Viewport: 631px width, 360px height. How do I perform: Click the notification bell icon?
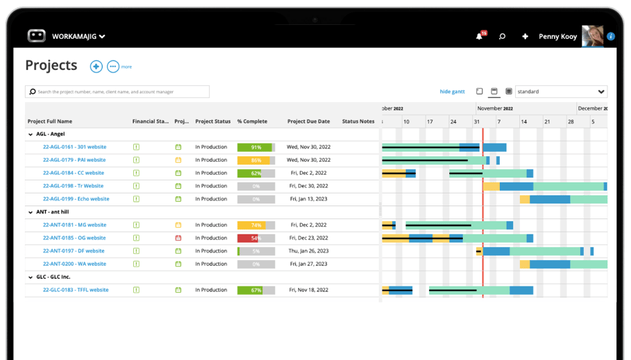point(479,36)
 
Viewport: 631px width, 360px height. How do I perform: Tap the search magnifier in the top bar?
point(502,36)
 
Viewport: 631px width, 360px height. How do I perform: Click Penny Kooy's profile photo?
point(592,36)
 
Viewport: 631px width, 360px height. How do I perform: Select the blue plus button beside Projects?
point(96,67)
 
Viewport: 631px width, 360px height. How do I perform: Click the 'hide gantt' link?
point(452,92)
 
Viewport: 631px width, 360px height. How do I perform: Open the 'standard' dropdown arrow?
point(601,92)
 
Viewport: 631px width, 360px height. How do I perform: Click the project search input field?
point(118,92)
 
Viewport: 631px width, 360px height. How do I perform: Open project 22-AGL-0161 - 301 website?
point(74,147)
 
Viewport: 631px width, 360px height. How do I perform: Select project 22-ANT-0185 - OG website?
point(74,238)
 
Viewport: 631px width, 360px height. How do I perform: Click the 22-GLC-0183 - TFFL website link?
point(76,290)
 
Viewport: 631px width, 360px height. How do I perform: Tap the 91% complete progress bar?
point(255,147)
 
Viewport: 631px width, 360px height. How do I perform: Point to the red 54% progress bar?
point(255,238)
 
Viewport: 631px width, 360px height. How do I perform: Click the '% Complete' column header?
point(252,121)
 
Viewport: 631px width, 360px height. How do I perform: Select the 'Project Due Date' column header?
point(308,121)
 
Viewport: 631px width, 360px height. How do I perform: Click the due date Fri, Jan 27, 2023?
point(308,264)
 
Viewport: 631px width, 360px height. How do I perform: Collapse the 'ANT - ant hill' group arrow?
point(31,212)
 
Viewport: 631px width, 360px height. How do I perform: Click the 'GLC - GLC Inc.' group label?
point(53,277)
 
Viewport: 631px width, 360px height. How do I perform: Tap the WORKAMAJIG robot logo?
point(37,36)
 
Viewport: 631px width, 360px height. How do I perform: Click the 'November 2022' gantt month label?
point(495,108)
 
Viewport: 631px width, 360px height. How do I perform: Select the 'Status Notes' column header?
point(358,121)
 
